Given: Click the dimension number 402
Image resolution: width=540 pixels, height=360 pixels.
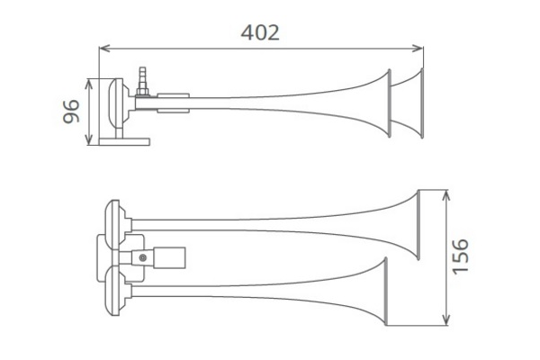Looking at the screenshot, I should pyautogui.click(x=260, y=32).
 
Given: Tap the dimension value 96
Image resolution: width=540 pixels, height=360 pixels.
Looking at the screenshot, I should pyautogui.click(x=73, y=112).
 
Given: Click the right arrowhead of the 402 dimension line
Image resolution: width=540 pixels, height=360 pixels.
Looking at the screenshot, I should pyautogui.click(x=418, y=49).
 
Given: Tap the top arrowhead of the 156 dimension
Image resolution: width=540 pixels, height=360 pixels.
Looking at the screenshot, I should pyautogui.click(x=445, y=193).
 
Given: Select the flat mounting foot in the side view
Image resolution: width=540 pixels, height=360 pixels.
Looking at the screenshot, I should pyautogui.click(x=127, y=140).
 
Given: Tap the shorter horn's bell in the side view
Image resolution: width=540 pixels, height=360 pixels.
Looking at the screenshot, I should pyautogui.click(x=391, y=103).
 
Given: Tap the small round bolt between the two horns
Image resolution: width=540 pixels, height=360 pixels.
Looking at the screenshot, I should pyautogui.click(x=141, y=259).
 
